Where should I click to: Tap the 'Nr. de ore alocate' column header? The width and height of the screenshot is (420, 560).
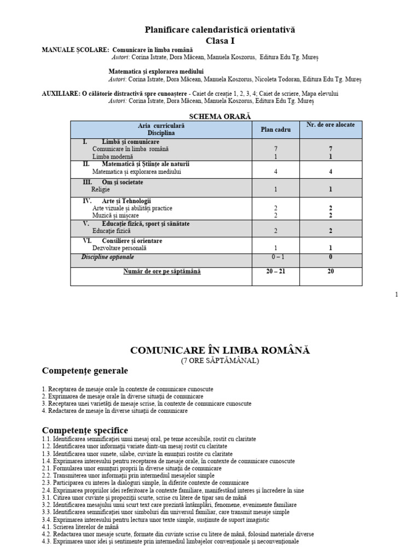point(330,125)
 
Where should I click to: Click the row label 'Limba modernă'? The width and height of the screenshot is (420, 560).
point(113,156)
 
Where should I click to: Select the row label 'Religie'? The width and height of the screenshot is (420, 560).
point(101,190)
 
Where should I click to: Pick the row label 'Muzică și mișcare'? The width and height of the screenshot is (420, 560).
point(116,215)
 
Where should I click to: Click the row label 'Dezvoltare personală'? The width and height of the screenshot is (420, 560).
point(119,248)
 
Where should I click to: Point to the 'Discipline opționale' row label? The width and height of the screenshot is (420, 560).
point(108,257)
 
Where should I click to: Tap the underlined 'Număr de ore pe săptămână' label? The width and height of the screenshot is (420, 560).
point(161,271)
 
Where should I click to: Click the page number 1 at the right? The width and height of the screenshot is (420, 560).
point(396,295)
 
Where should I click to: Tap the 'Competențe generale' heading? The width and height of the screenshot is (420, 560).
point(85,371)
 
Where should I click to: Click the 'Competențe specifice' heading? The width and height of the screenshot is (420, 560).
point(85,430)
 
